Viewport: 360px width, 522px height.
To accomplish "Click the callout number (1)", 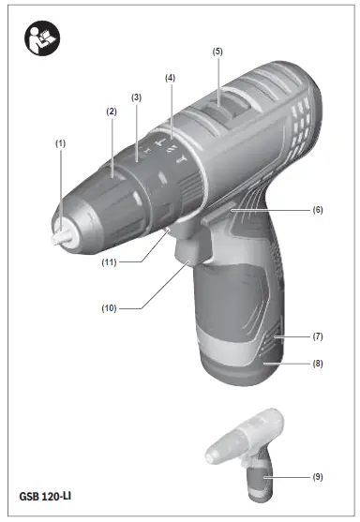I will [61, 142].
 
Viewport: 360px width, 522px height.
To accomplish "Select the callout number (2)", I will [111, 112].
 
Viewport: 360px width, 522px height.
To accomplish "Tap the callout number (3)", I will [136, 97].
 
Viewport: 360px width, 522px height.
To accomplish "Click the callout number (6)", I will [318, 210].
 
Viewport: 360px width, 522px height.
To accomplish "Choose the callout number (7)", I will [318, 335].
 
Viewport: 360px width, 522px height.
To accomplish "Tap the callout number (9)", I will [318, 477].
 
